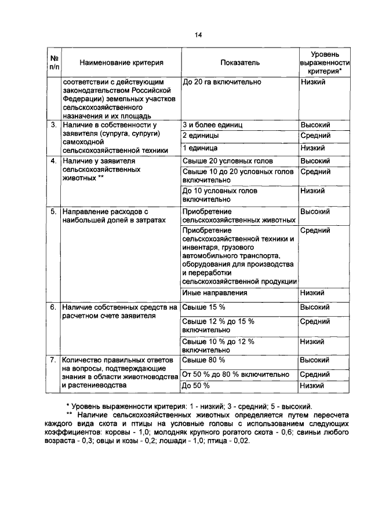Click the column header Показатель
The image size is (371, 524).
click(239, 62)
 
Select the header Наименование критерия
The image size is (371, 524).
click(121, 62)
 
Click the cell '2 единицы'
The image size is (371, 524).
click(201, 136)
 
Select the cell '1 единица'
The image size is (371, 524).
click(200, 148)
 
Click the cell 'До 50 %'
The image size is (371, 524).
click(196, 385)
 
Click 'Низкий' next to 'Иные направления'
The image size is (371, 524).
click(313, 293)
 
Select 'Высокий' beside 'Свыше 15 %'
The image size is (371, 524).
click(315, 307)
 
